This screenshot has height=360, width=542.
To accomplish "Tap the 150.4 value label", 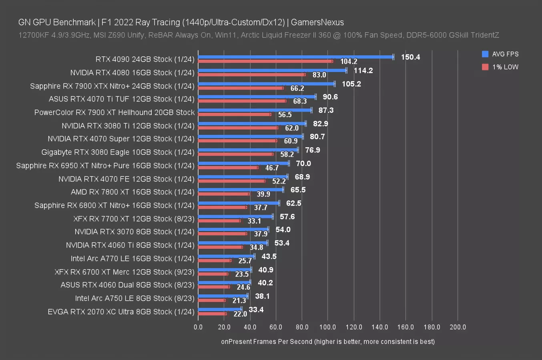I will (x=410, y=57).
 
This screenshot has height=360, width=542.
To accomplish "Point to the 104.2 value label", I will (x=349, y=62).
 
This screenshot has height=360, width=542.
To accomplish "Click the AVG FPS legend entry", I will (x=500, y=54).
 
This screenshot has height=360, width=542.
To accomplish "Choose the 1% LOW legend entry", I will (x=500, y=67).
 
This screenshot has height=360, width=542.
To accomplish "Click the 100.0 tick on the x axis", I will (x=328, y=327).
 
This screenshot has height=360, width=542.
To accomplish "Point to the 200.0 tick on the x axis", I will (x=458, y=327).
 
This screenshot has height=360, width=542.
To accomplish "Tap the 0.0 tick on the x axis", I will (x=198, y=327).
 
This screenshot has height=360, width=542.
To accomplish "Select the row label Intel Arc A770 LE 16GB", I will (x=132, y=258).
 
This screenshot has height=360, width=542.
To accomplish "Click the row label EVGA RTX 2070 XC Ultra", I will (x=121, y=312).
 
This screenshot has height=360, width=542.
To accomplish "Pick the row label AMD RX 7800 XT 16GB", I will (x=132, y=192).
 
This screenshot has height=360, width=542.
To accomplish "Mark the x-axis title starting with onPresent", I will (x=328, y=342).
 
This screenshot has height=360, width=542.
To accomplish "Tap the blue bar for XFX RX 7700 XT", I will (x=235, y=216).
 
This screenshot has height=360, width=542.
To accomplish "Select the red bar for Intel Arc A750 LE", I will (x=211, y=300).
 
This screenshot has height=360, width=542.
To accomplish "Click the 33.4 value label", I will (x=256, y=310).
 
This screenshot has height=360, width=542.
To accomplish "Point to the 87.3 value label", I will (x=326, y=110).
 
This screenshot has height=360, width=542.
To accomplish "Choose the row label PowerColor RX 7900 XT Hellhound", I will (x=114, y=112).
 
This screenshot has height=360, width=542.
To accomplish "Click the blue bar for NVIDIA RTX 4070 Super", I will (x=250, y=136).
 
